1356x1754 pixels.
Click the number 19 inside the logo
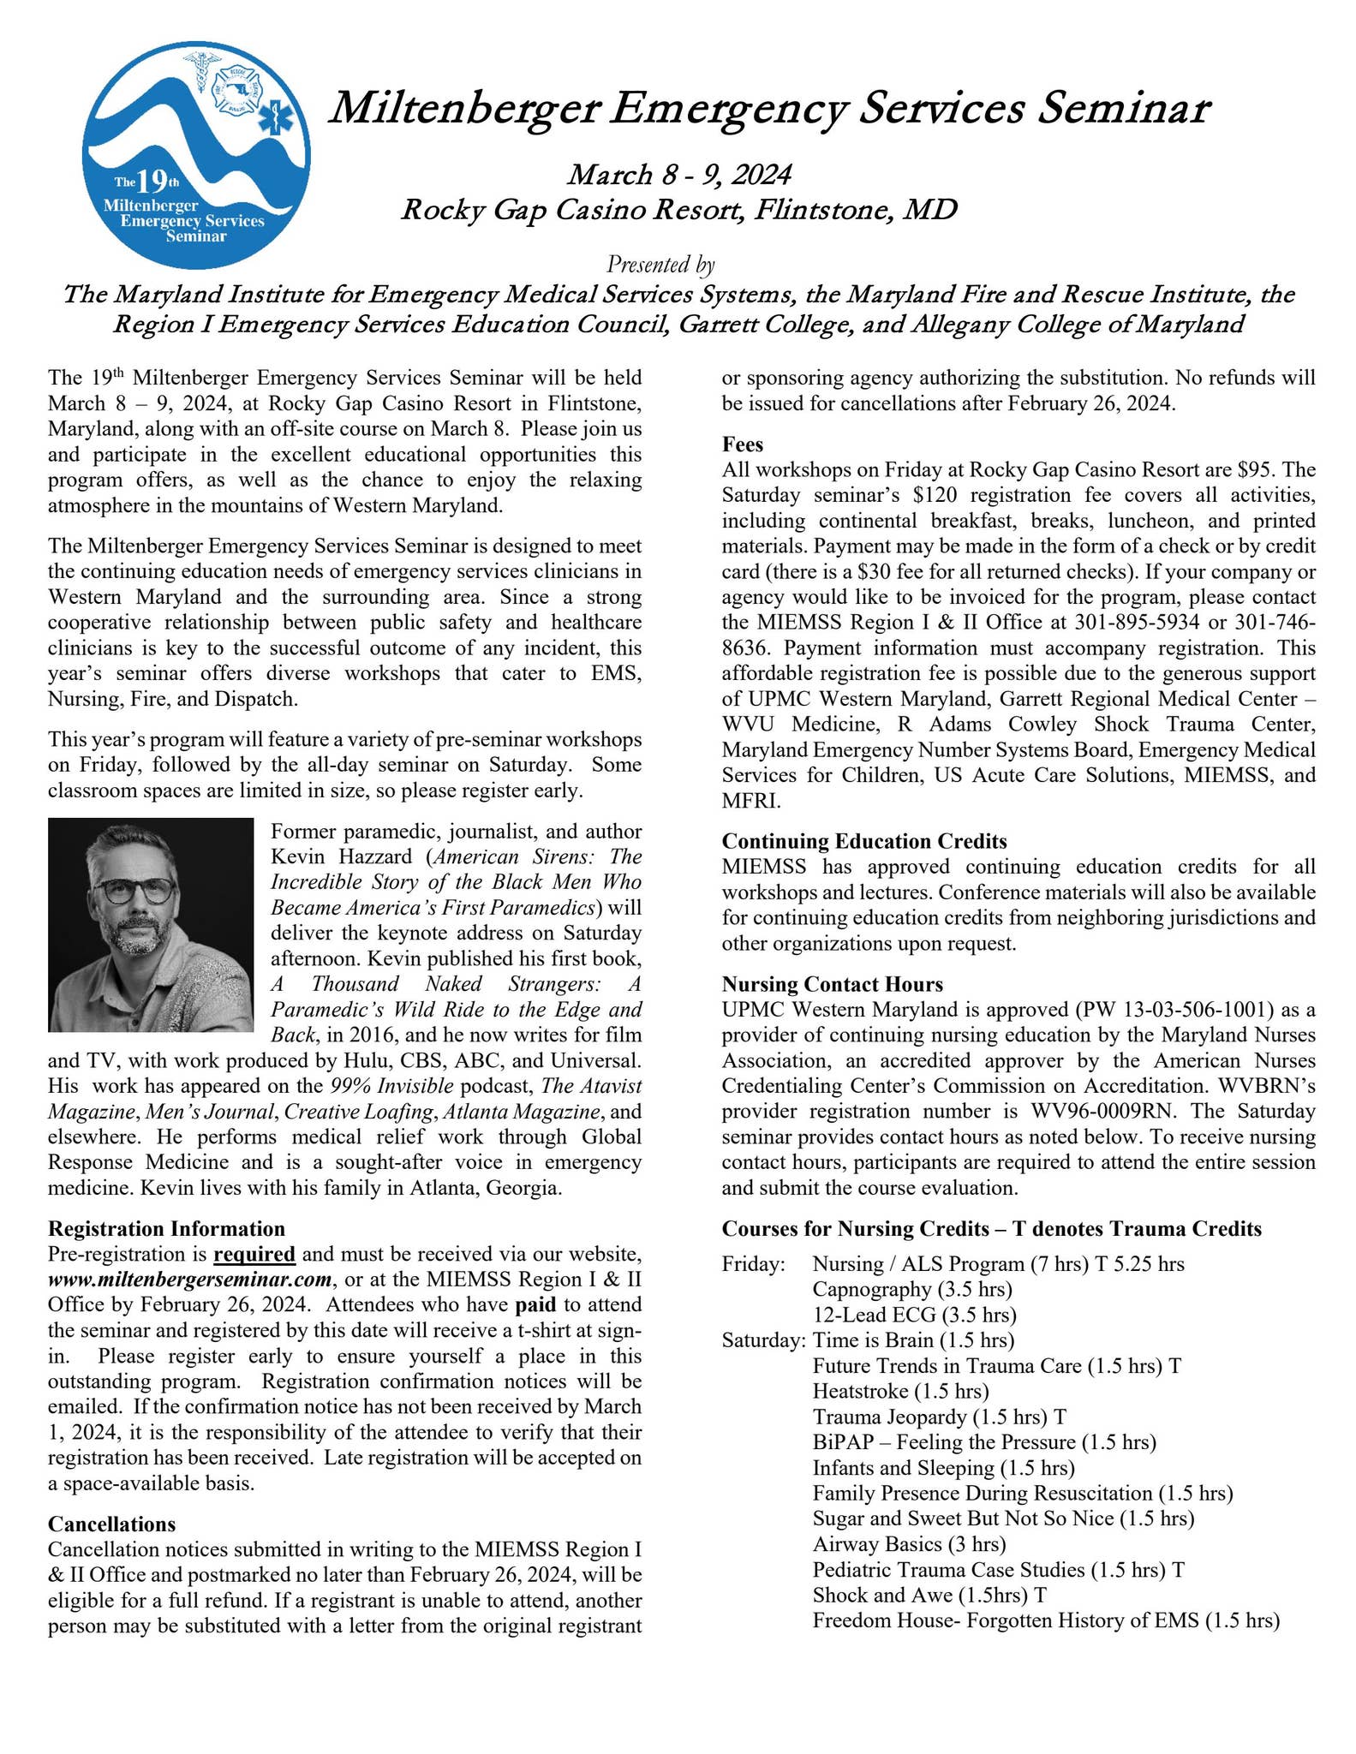(x=152, y=182)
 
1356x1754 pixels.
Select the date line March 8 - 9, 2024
(x=678, y=175)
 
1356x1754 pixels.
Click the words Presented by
(x=660, y=265)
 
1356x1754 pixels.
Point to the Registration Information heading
(x=166, y=1229)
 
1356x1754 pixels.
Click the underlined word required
(x=254, y=1255)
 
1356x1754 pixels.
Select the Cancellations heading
(x=111, y=1524)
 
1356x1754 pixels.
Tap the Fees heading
(x=742, y=444)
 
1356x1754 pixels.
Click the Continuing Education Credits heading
(x=863, y=841)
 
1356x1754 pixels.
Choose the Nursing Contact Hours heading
(x=832, y=984)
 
